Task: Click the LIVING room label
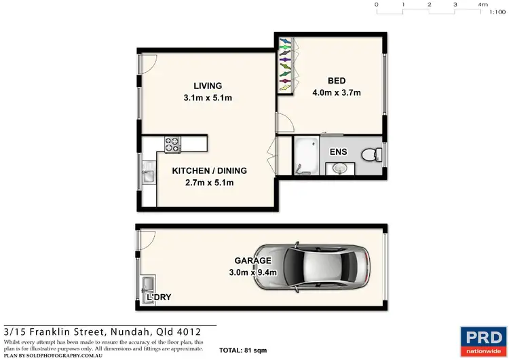coord(208,86)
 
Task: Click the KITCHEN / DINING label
coord(209,170)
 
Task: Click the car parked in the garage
coord(326,267)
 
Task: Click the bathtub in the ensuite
coord(306,156)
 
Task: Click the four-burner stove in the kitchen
coord(172,144)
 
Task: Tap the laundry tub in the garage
coord(147,285)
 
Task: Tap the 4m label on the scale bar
coord(483,4)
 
